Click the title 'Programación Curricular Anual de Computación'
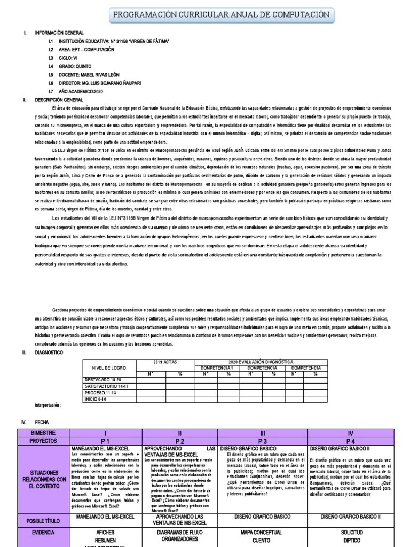point(226,14)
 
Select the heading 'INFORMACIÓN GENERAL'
point(56,33)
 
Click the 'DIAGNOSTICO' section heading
point(49,353)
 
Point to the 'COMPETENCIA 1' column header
point(217,368)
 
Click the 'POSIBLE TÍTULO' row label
point(43,520)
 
